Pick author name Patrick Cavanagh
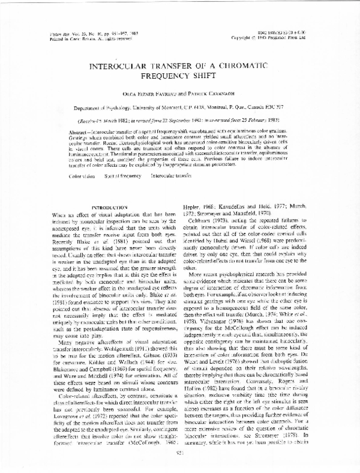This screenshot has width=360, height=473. (x=217, y=95)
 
